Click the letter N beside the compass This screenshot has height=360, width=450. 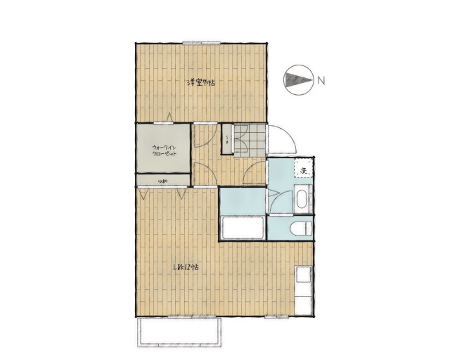point(321,79)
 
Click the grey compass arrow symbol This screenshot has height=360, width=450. point(297,79)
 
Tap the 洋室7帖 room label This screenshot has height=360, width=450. point(200,83)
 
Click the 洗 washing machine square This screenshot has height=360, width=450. point(304,170)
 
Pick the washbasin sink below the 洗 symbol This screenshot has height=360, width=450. point(302,198)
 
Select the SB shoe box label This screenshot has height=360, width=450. point(227,139)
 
